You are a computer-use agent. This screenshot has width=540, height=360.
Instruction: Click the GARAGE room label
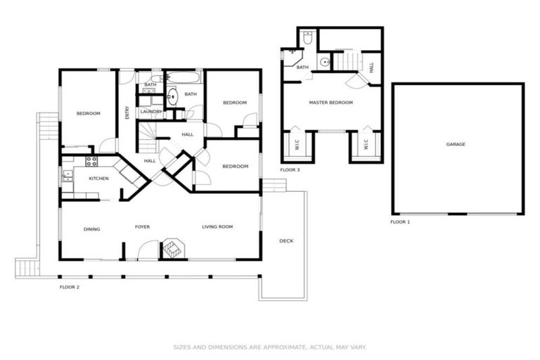(456, 144)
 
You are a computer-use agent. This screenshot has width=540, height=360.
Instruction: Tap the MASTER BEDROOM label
(330, 103)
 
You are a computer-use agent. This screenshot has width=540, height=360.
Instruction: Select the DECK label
(286, 241)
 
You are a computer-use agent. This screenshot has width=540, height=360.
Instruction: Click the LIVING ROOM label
(217, 226)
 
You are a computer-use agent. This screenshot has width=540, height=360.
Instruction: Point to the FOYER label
(143, 227)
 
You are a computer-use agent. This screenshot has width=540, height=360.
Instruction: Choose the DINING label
(92, 229)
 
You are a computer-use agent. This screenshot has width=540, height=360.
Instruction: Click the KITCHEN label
(98, 179)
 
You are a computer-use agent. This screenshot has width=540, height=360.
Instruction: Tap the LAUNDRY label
(151, 112)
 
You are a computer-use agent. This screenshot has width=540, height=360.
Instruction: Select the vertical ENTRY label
(127, 112)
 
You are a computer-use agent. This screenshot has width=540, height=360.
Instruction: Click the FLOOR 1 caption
(401, 221)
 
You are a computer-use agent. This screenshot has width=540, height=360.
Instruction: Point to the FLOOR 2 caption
(70, 287)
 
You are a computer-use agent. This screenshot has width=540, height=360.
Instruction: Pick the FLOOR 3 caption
(290, 170)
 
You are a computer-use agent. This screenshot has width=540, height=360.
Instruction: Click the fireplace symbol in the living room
(172, 247)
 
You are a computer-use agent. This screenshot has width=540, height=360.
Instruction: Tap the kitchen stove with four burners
(91, 161)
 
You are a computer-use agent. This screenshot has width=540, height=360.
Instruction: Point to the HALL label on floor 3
(371, 67)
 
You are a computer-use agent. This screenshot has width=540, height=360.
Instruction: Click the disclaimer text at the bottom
(270, 347)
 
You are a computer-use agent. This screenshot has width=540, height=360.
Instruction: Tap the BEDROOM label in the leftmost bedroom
(89, 114)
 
